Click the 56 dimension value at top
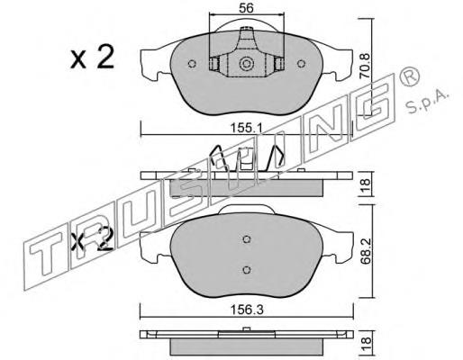[246, 8]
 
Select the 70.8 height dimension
[365, 66]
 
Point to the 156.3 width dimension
[247, 310]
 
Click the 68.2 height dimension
[366, 251]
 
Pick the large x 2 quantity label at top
[92, 57]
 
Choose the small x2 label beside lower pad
[93, 238]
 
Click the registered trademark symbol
[409, 76]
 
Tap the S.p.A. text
[427, 101]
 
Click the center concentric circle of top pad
[247, 64]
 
